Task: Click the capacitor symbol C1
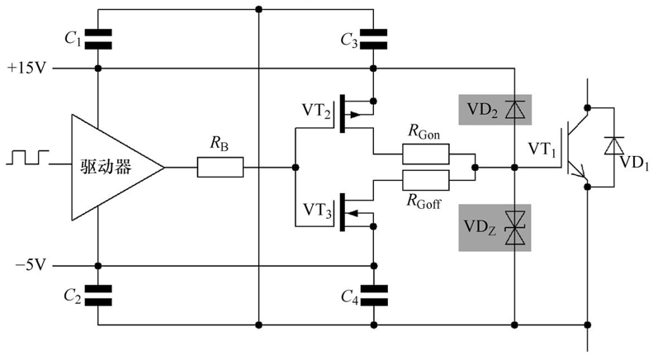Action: coord(98,39)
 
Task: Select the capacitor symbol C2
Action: coord(98,296)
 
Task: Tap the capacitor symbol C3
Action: coord(373,39)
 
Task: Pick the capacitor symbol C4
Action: coord(373,296)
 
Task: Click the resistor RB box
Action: coord(220,167)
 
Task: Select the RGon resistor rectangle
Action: coord(425,154)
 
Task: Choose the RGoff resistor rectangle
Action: coord(425,181)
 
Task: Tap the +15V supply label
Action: coord(26,68)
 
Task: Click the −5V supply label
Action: coord(31,265)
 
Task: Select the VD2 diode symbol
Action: coord(515,110)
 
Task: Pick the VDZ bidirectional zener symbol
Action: coord(515,228)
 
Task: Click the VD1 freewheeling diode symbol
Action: coord(614,145)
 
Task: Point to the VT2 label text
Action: coord(316,111)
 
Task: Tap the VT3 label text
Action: coord(317,210)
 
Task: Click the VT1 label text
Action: coord(542,149)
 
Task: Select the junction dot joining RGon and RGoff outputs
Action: coord(475,168)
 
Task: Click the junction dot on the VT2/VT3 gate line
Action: coord(296,168)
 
